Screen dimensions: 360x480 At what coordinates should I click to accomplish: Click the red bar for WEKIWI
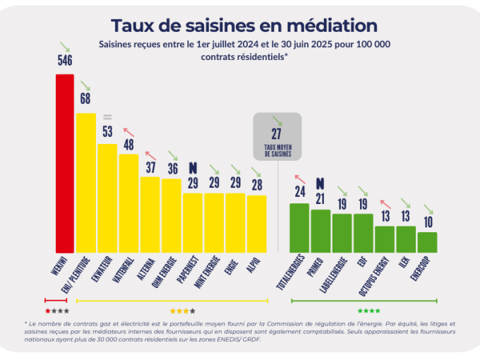coord(65,163)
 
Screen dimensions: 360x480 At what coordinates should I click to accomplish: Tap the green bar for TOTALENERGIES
coord(299,227)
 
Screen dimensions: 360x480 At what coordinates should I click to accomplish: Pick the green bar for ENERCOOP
coord(427,242)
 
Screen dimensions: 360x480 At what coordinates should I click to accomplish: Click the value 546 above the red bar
coord(65,61)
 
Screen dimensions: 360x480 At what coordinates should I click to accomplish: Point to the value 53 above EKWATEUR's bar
coord(107,131)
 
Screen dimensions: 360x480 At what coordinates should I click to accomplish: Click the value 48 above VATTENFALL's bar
coord(128,144)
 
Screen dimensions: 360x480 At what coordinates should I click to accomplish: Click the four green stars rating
coord(368,311)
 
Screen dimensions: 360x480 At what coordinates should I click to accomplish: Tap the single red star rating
coord(48,311)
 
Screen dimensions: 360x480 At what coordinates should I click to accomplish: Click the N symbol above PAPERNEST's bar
coord(193,168)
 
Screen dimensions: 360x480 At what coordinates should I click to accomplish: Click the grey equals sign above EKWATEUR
coord(107,116)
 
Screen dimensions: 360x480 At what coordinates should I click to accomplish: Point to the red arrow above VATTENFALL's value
coord(128,130)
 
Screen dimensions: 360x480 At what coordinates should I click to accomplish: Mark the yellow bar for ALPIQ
coord(257,224)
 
